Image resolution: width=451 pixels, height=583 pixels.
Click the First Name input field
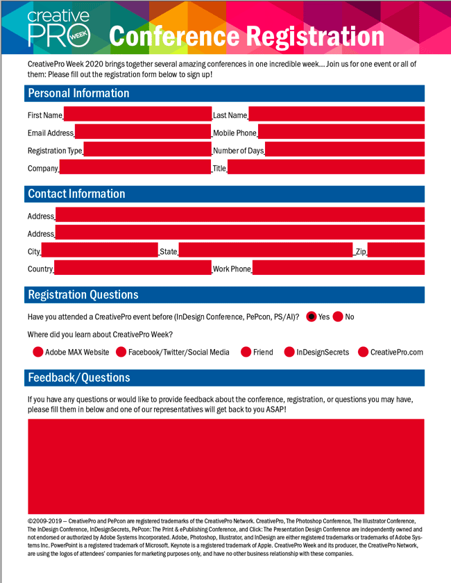[137, 114]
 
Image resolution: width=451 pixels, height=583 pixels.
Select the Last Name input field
[337, 114]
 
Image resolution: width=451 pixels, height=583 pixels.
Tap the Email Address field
[143, 132]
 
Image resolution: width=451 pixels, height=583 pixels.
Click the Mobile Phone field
[341, 132]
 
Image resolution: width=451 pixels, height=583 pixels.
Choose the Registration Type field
[148, 149]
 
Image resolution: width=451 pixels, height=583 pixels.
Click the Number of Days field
[345, 149]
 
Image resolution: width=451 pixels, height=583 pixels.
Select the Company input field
[135, 167]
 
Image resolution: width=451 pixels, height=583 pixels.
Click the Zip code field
[396, 250]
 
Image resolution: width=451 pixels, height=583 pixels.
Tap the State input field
[266, 250]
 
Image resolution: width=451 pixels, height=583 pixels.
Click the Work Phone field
[339, 268]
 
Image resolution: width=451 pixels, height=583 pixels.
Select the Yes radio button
[312, 316]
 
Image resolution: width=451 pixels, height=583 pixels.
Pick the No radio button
[338, 316]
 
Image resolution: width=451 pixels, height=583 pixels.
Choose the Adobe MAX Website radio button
[38, 352]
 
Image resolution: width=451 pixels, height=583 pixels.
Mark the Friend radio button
[246, 352]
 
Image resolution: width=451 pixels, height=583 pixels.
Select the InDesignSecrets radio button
[289, 352]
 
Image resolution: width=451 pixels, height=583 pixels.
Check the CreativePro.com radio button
[364, 352]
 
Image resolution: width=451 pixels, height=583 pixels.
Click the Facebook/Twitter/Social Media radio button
[121, 352]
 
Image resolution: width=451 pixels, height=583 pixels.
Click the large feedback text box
[226, 466]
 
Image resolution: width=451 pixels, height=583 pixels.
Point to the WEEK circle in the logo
[78, 35]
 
